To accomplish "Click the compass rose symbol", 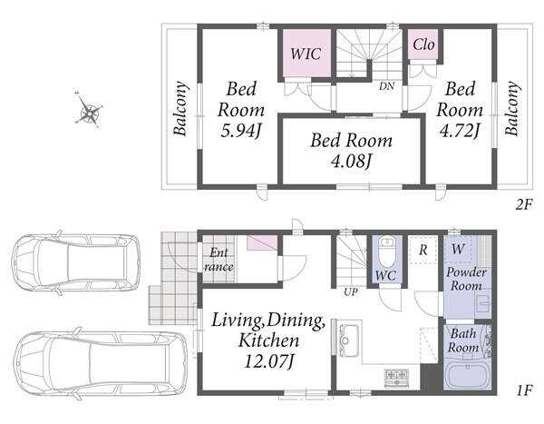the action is tap(89, 111).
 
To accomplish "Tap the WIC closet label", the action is tap(306, 54).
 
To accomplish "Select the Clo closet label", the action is tap(423, 44).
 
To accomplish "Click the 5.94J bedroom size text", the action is tap(241, 131).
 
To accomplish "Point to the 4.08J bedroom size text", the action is tap(352, 161).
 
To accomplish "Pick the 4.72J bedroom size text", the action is tap(460, 131).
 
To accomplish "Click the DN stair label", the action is tap(386, 86).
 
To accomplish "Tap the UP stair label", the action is tap(350, 292).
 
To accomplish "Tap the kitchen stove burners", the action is tap(396, 378).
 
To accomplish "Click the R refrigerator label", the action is tap(423, 250).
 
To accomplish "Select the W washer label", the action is tap(458, 249).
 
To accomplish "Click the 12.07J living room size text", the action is tap(269, 361).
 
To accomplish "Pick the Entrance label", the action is tap(219, 260).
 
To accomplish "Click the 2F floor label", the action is tap(523, 205).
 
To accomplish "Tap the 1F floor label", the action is tap(525, 391).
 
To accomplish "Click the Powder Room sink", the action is tap(483, 303).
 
